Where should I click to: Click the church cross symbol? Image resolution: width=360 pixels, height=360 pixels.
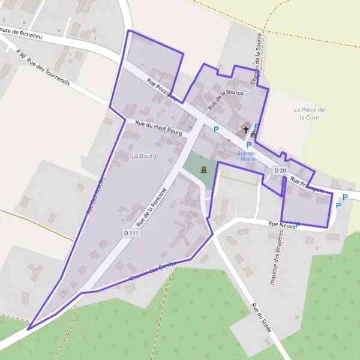coord(245,129)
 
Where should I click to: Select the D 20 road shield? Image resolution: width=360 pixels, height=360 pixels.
coord(280,170)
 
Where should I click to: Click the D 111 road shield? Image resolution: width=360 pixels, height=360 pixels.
coord(131,233)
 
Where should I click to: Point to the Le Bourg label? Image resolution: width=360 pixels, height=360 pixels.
coord(144,156)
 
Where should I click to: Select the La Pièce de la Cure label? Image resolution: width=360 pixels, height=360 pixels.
coord(310,113)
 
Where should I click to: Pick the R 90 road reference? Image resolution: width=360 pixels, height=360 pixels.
coord(22,55)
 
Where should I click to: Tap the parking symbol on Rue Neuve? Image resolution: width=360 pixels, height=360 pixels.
coord(297,225)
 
